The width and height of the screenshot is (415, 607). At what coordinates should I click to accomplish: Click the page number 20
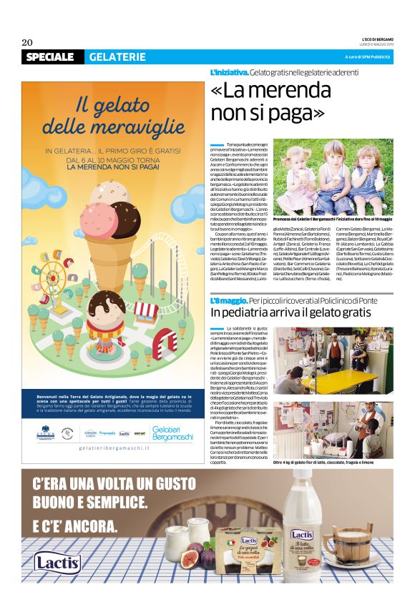[x=28, y=41]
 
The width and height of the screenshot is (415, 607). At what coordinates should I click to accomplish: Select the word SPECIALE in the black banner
[x=51, y=57]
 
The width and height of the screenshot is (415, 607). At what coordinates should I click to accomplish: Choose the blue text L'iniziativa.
[x=228, y=74]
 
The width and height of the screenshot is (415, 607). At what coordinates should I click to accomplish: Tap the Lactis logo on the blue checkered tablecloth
[x=57, y=562]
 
